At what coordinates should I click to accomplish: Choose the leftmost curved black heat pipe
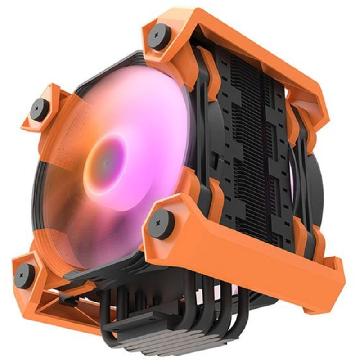[x=106, y=310]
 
